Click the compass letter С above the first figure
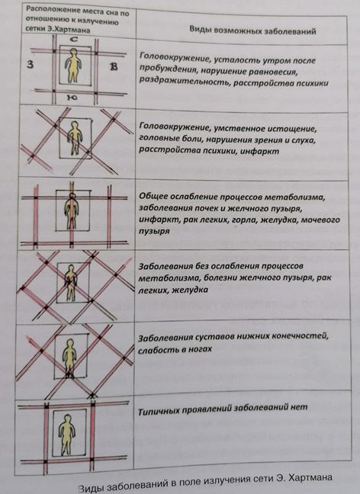tap(73, 40)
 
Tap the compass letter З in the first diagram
tap(31, 65)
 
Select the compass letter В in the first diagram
tap(114, 67)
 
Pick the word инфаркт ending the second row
tap(260, 151)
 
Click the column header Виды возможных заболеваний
tap(252, 30)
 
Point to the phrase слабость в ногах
tap(175, 349)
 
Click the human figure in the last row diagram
tap(67, 435)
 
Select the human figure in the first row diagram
tap(73, 66)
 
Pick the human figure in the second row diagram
tap(74, 138)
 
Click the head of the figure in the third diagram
tap(72, 197)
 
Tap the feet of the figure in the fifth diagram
tap(69, 374)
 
